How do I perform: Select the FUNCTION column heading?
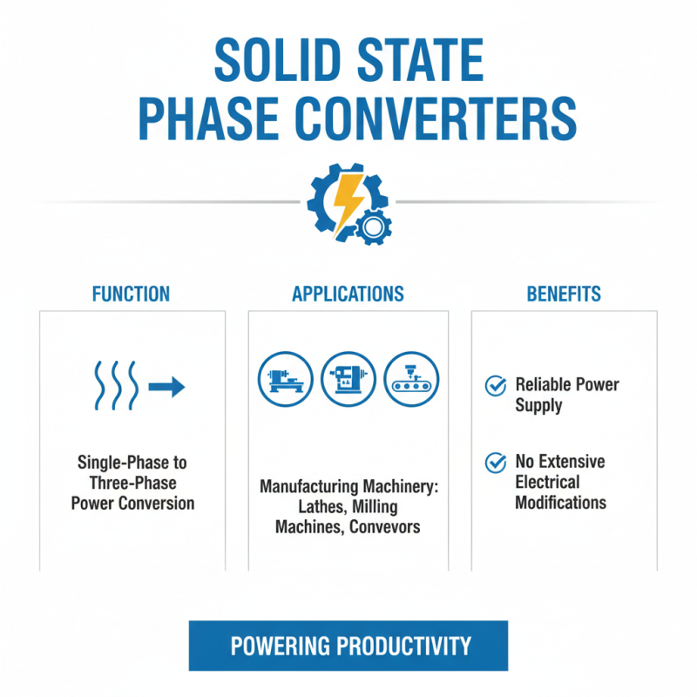tap(131, 294)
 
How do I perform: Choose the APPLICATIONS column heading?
tap(348, 294)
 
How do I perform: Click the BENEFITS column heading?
tap(564, 294)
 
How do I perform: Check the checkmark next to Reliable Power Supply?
tap(495, 385)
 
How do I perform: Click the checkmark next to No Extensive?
tap(495, 462)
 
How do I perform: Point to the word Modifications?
tap(560, 503)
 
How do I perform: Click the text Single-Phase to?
tap(133, 462)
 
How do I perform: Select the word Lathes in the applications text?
tap(300, 506)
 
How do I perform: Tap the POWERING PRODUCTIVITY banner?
tap(348, 646)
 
